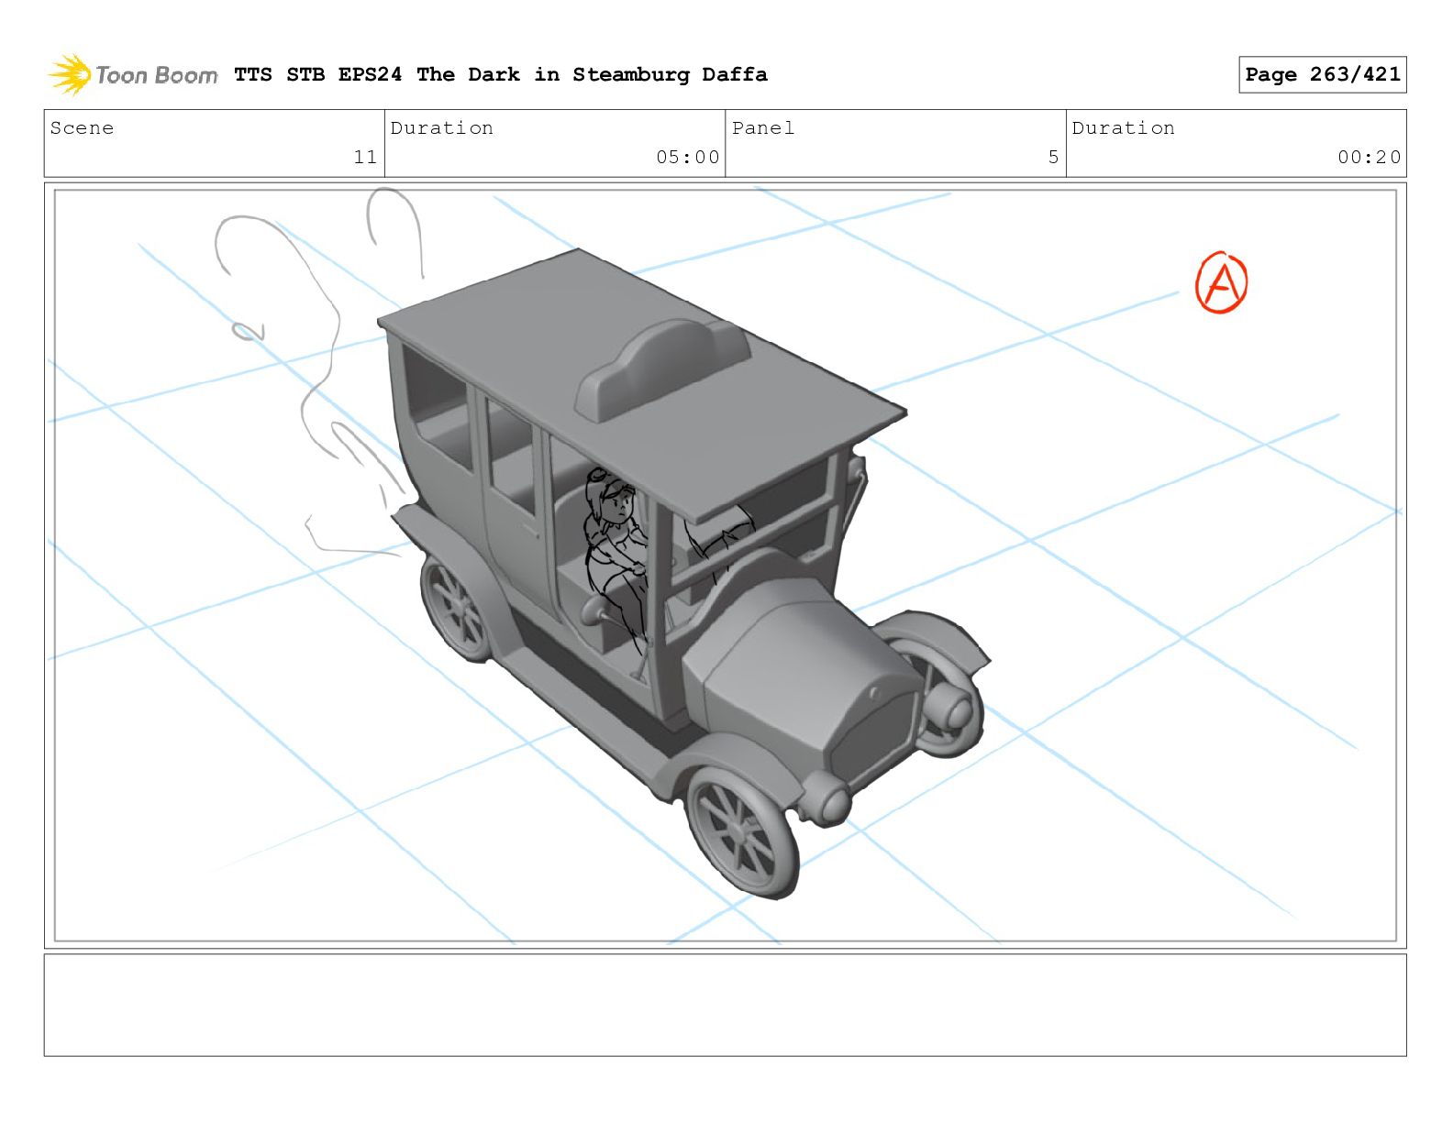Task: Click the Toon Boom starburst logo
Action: pyautogui.click(x=70, y=74)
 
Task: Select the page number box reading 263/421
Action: pyautogui.click(x=1322, y=74)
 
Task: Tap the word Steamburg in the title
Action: pyautogui.click(x=630, y=74)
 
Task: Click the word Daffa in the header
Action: pyautogui.click(x=734, y=73)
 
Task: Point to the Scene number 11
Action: pyautogui.click(x=365, y=157)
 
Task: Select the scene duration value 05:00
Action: pyautogui.click(x=687, y=157)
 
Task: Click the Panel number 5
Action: pyautogui.click(x=1053, y=157)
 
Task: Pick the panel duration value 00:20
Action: pyautogui.click(x=1369, y=157)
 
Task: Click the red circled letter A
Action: pyautogui.click(x=1221, y=282)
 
